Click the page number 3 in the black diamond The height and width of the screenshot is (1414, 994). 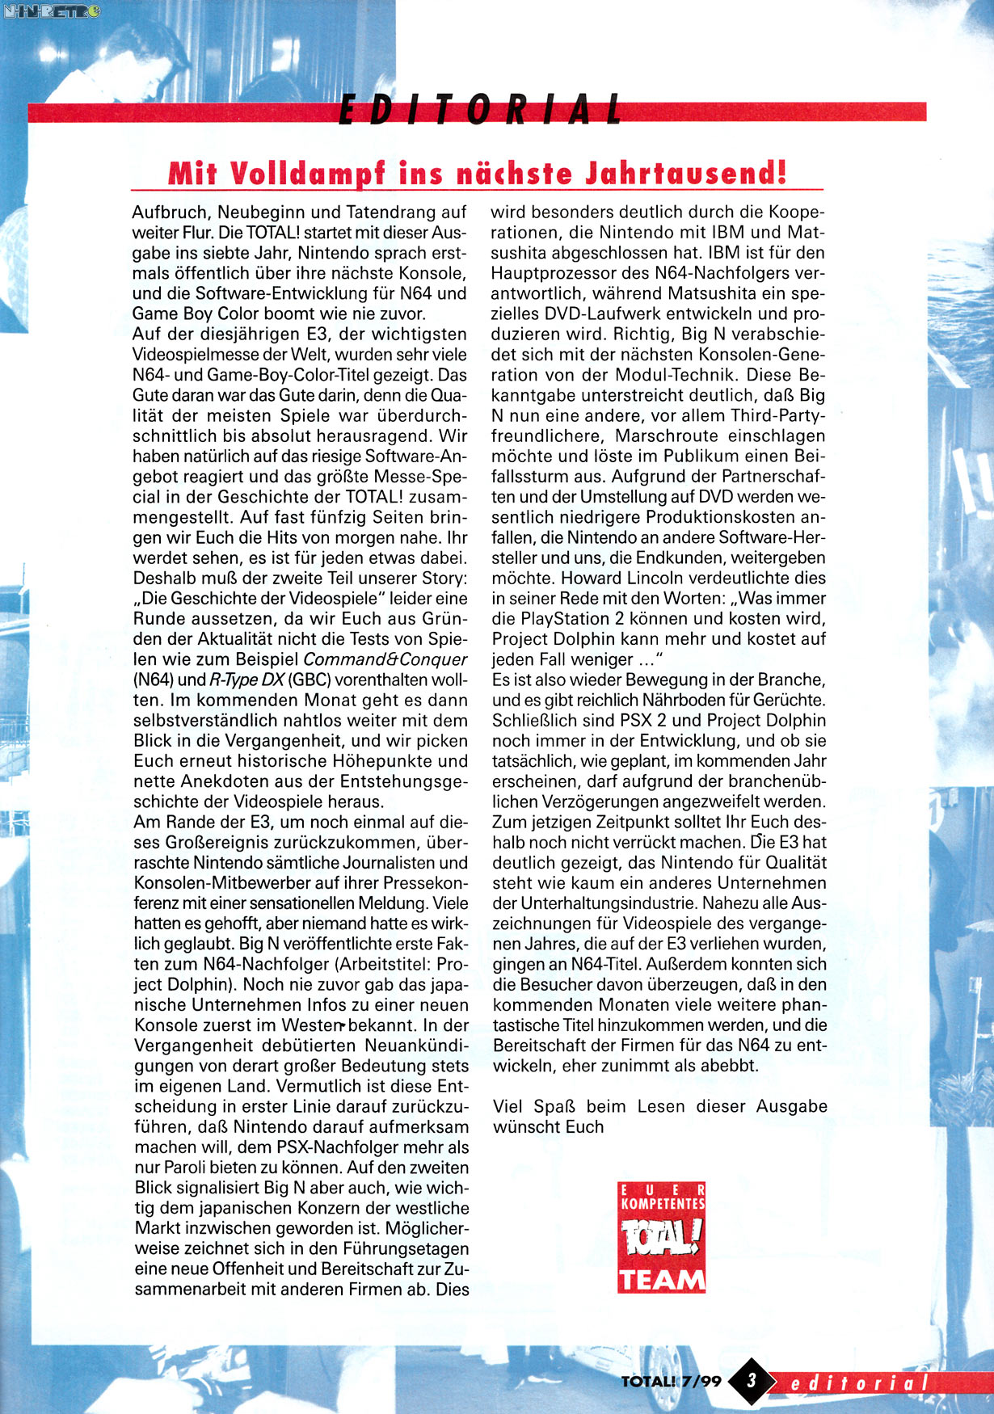pyautogui.click(x=752, y=1380)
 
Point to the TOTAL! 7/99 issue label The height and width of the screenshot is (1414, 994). pyautogui.click(x=671, y=1381)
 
